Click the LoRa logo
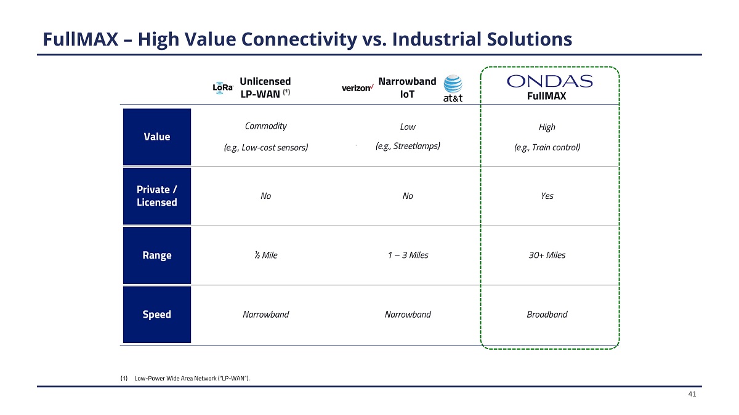[223, 88]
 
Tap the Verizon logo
[357, 88]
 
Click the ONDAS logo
[549, 81]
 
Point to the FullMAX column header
[546, 97]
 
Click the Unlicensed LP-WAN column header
[265, 87]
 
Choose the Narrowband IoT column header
[407, 87]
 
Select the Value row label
[157, 137]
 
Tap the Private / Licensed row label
[157, 196]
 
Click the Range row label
[157, 256]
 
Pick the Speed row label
[157, 315]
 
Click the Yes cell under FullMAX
[547, 196]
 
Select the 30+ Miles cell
[547, 255]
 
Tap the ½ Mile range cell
[265, 255]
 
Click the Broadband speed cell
[547, 314]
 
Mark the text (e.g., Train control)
[547, 148]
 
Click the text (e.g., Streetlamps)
[407, 147]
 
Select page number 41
[692, 395]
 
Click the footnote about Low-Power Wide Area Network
[185, 377]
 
